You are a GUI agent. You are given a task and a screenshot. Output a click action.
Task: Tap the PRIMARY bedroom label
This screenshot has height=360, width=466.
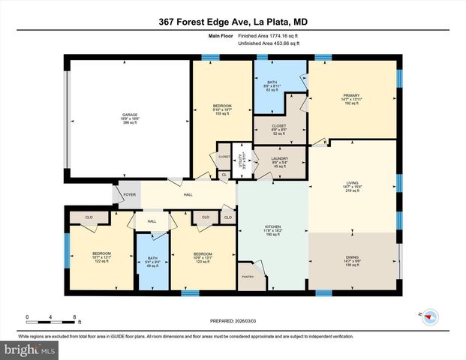[x=351, y=95]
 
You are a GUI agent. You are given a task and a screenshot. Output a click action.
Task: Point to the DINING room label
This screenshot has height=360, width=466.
[x=352, y=258]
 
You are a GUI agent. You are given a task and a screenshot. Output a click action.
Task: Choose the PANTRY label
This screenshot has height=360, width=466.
[x=247, y=277]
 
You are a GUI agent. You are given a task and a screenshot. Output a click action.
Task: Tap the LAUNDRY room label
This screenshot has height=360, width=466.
[x=278, y=159]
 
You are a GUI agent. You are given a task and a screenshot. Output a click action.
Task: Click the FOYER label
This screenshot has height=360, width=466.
[x=128, y=193]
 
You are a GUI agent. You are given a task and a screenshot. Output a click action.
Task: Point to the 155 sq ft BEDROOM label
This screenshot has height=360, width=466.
[x=221, y=106]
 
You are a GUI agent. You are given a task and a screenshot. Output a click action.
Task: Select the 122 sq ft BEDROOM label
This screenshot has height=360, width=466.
[x=101, y=253]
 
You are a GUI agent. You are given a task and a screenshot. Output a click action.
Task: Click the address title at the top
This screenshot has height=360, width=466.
[x=233, y=22]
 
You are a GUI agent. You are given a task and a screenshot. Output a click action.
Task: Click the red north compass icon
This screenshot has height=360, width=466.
[x=429, y=316]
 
